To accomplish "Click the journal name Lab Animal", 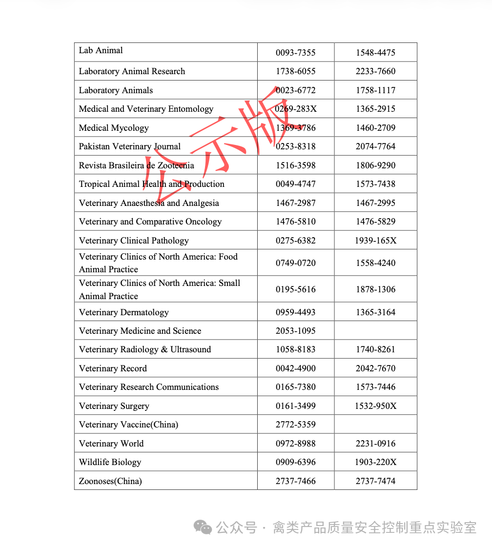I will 101,50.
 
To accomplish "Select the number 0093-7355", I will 295,53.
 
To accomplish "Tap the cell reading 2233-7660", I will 375,71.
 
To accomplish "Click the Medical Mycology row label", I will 114,128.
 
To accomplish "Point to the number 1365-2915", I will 375,109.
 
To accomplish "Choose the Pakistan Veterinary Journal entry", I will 129,146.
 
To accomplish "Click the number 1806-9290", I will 375,165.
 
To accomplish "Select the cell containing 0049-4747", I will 295,184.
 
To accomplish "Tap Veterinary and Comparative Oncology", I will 150,222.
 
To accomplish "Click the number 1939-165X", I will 375,241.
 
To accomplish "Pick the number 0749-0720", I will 295,263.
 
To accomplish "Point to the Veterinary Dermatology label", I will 123,312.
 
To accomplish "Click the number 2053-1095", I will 295,331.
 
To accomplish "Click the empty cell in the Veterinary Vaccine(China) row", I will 375,425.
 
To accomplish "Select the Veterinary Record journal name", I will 113,368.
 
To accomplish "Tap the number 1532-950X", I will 375,406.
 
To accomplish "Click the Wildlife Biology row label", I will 110,462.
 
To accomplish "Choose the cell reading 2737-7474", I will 375,481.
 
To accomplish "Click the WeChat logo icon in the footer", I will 203,527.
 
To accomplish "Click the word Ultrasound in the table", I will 191,349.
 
